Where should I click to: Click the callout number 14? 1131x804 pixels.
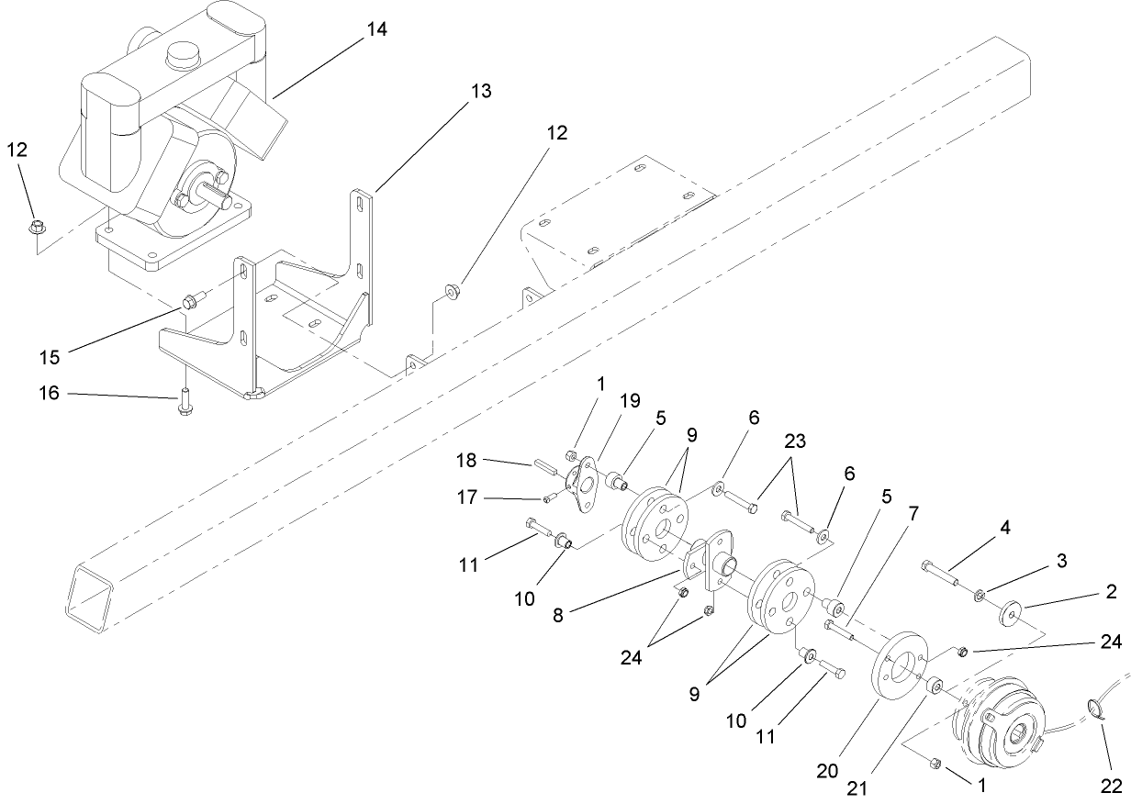[376, 29]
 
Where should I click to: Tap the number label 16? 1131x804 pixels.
[49, 393]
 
